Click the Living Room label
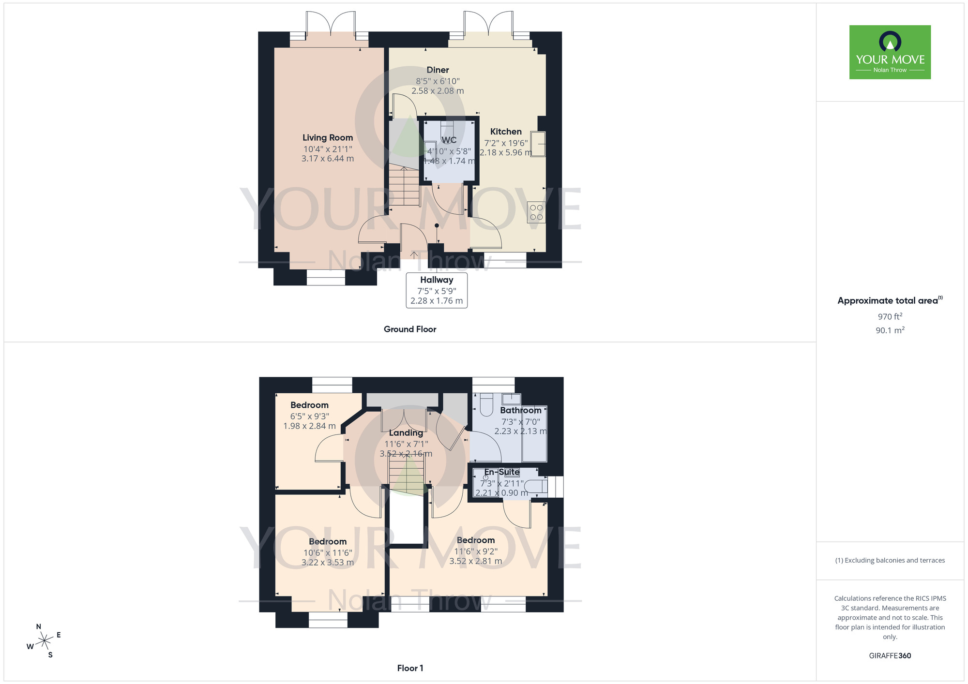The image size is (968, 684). tap(328, 138)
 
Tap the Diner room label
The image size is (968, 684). tap(438, 70)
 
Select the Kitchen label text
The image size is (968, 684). tap(506, 132)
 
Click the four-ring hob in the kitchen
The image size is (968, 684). tap(536, 212)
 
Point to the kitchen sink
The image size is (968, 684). tap(538, 144)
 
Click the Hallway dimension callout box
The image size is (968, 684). tap(437, 290)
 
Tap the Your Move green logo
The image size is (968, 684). tap(890, 52)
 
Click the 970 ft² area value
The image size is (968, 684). tap(890, 317)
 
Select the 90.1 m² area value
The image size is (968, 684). tap(890, 330)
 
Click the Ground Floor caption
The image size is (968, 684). tap(410, 329)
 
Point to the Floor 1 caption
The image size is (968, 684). tap(410, 668)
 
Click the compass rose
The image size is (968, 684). tap(44, 641)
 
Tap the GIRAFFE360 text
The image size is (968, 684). tap(890, 656)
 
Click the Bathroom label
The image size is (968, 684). tap(520, 410)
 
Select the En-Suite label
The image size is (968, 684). tap(502, 472)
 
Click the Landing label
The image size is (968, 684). tap(406, 433)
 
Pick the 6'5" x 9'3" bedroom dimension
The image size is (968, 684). tap(309, 416)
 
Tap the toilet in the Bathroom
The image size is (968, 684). tap(485, 404)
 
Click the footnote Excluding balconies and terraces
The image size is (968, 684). tap(890, 561)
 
